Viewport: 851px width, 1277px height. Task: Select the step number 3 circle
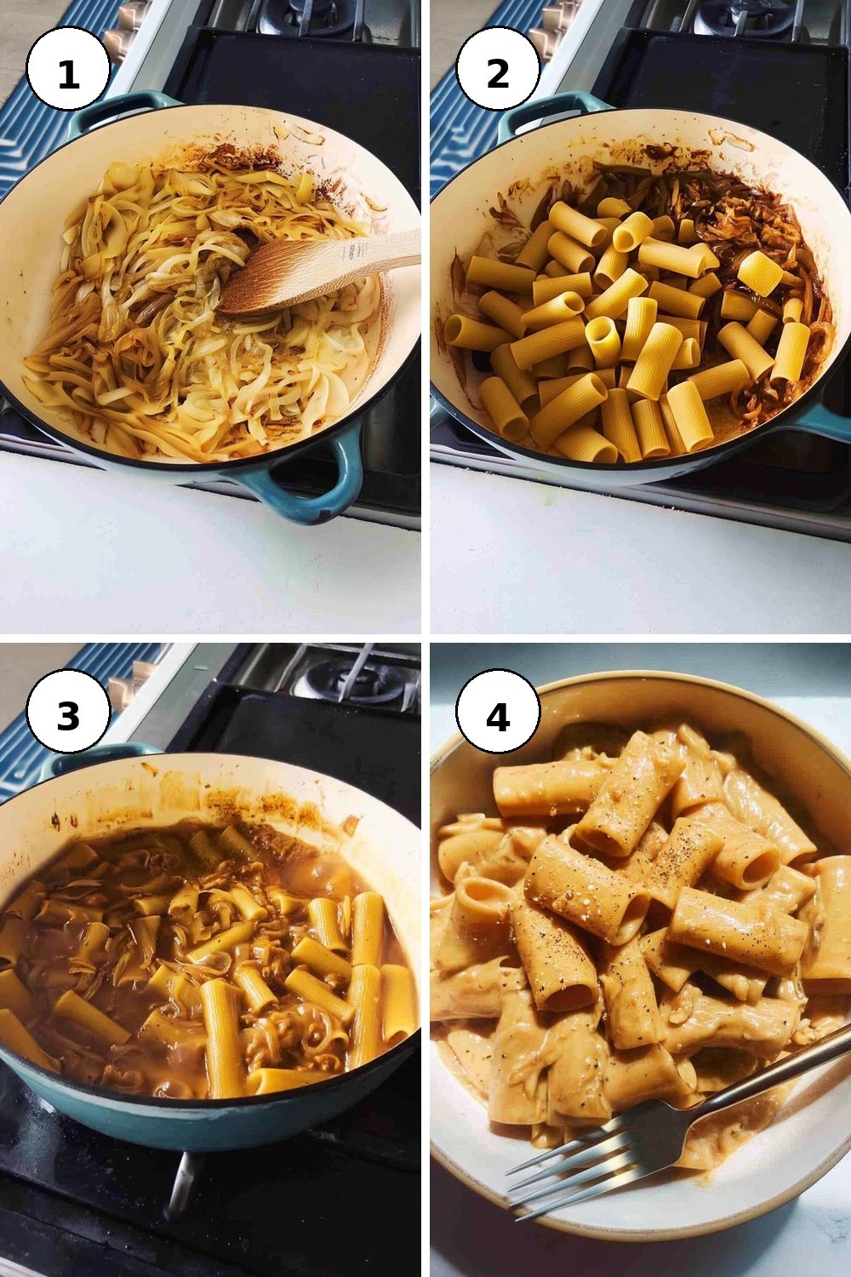click(68, 715)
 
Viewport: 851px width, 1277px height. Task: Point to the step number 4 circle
click(498, 715)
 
